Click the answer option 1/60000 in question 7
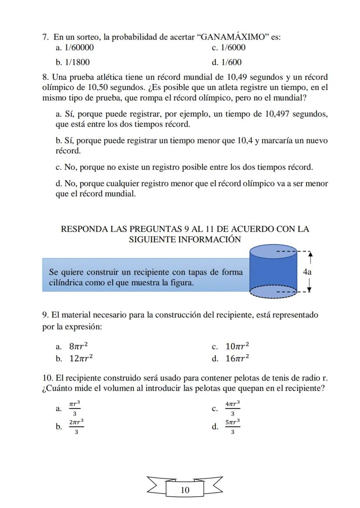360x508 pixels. (x=78, y=48)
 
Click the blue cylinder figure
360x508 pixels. (x=273, y=272)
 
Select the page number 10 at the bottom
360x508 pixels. (x=185, y=490)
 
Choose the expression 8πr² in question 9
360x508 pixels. (x=79, y=346)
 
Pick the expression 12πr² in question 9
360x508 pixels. (x=81, y=359)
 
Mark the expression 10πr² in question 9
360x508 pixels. (x=237, y=346)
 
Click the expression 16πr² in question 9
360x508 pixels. (x=237, y=359)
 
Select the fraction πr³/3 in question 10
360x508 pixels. (x=74, y=408)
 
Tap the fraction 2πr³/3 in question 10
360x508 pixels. (x=76, y=426)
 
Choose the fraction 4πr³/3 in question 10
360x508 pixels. (x=232, y=408)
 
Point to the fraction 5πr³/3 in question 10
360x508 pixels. (x=232, y=426)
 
